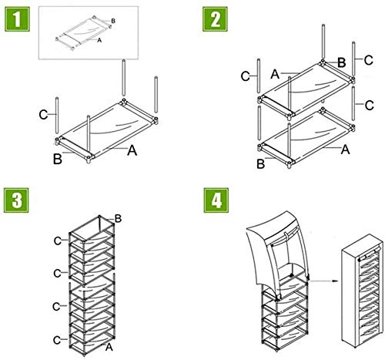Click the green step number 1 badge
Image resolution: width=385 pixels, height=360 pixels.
(x=17, y=19)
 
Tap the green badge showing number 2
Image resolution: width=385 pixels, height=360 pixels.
(x=215, y=19)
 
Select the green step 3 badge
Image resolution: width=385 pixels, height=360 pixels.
(x=16, y=200)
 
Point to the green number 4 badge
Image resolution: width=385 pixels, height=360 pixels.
(x=216, y=200)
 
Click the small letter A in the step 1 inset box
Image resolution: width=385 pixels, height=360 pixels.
(x=99, y=40)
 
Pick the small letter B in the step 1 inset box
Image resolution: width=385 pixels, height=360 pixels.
(x=113, y=21)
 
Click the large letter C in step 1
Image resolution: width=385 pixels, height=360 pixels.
(x=44, y=115)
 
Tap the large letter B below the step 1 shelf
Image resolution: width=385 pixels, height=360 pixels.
(x=58, y=159)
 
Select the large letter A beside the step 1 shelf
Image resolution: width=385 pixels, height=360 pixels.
(x=132, y=150)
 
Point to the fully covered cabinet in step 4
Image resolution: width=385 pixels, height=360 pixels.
(x=362, y=291)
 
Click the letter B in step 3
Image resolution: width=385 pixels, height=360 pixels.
(x=118, y=219)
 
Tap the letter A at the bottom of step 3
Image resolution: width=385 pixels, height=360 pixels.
(x=109, y=347)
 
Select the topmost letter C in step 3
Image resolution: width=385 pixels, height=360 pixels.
(x=58, y=241)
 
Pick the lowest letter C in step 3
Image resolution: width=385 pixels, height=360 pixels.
(x=57, y=340)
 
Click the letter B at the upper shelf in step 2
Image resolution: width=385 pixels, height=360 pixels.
(x=342, y=62)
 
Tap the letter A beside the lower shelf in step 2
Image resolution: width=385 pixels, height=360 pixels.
(x=345, y=150)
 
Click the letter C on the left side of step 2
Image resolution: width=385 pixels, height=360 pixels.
(x=246, y=76)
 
